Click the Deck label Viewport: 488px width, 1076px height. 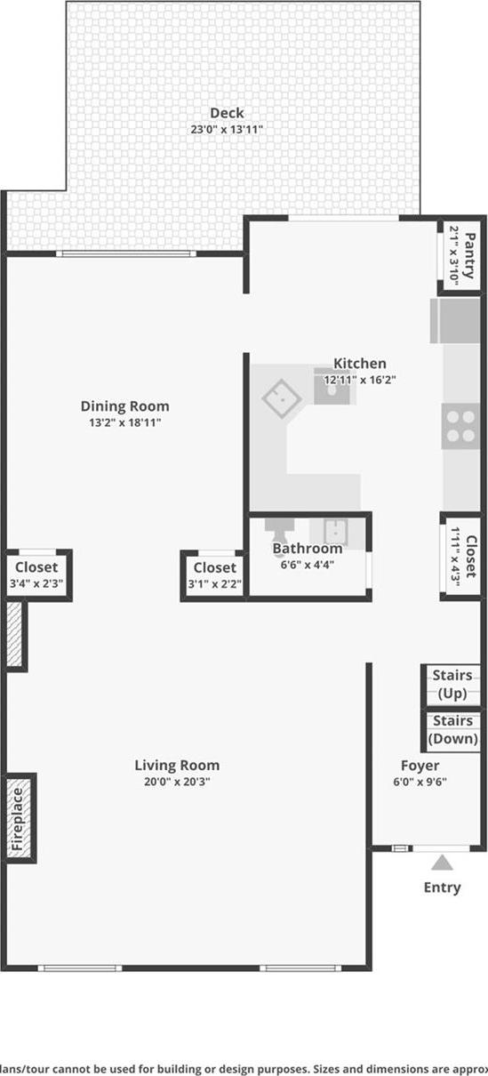227,113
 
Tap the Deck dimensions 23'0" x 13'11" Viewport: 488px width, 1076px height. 227,129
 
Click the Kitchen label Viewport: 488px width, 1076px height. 359,363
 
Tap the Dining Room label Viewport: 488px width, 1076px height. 124,406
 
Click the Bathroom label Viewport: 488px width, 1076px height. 307,548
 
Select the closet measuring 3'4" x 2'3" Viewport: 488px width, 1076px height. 36,575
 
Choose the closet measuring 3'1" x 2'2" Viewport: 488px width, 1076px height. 214,575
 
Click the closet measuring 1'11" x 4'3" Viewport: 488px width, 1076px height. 462,557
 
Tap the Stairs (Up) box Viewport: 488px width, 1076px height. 452,684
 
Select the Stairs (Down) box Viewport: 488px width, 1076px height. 452,730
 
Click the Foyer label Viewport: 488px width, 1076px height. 420,765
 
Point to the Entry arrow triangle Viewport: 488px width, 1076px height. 442,863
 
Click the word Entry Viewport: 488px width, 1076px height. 442,887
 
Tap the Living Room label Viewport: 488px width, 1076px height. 177,765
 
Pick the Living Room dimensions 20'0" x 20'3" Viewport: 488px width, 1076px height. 177,782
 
